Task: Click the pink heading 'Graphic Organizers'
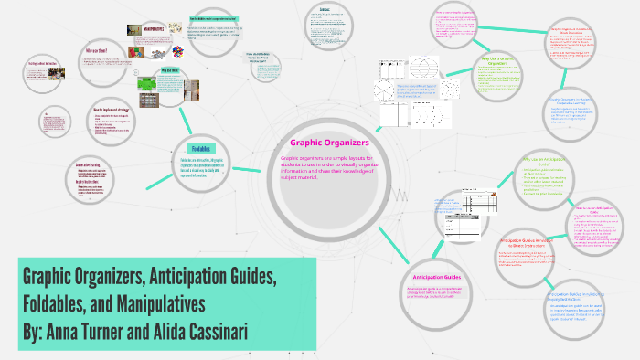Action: [x=329, y=143]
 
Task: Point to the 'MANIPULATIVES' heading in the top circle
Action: [x=146, y=29]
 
